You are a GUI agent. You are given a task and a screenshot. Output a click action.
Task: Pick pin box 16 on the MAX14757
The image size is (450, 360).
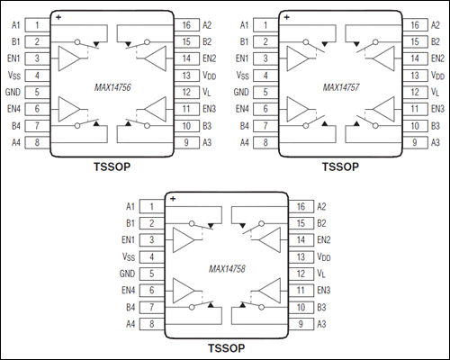(414, 25)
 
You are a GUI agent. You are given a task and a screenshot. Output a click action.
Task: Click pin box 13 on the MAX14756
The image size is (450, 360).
(188, 76)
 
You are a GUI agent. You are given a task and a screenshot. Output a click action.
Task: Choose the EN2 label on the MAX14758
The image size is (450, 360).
(325, 240)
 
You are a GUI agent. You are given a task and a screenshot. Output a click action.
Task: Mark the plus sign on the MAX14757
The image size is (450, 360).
(286, 16)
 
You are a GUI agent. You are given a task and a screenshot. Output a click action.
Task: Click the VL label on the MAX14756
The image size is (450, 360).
(207, 93)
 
